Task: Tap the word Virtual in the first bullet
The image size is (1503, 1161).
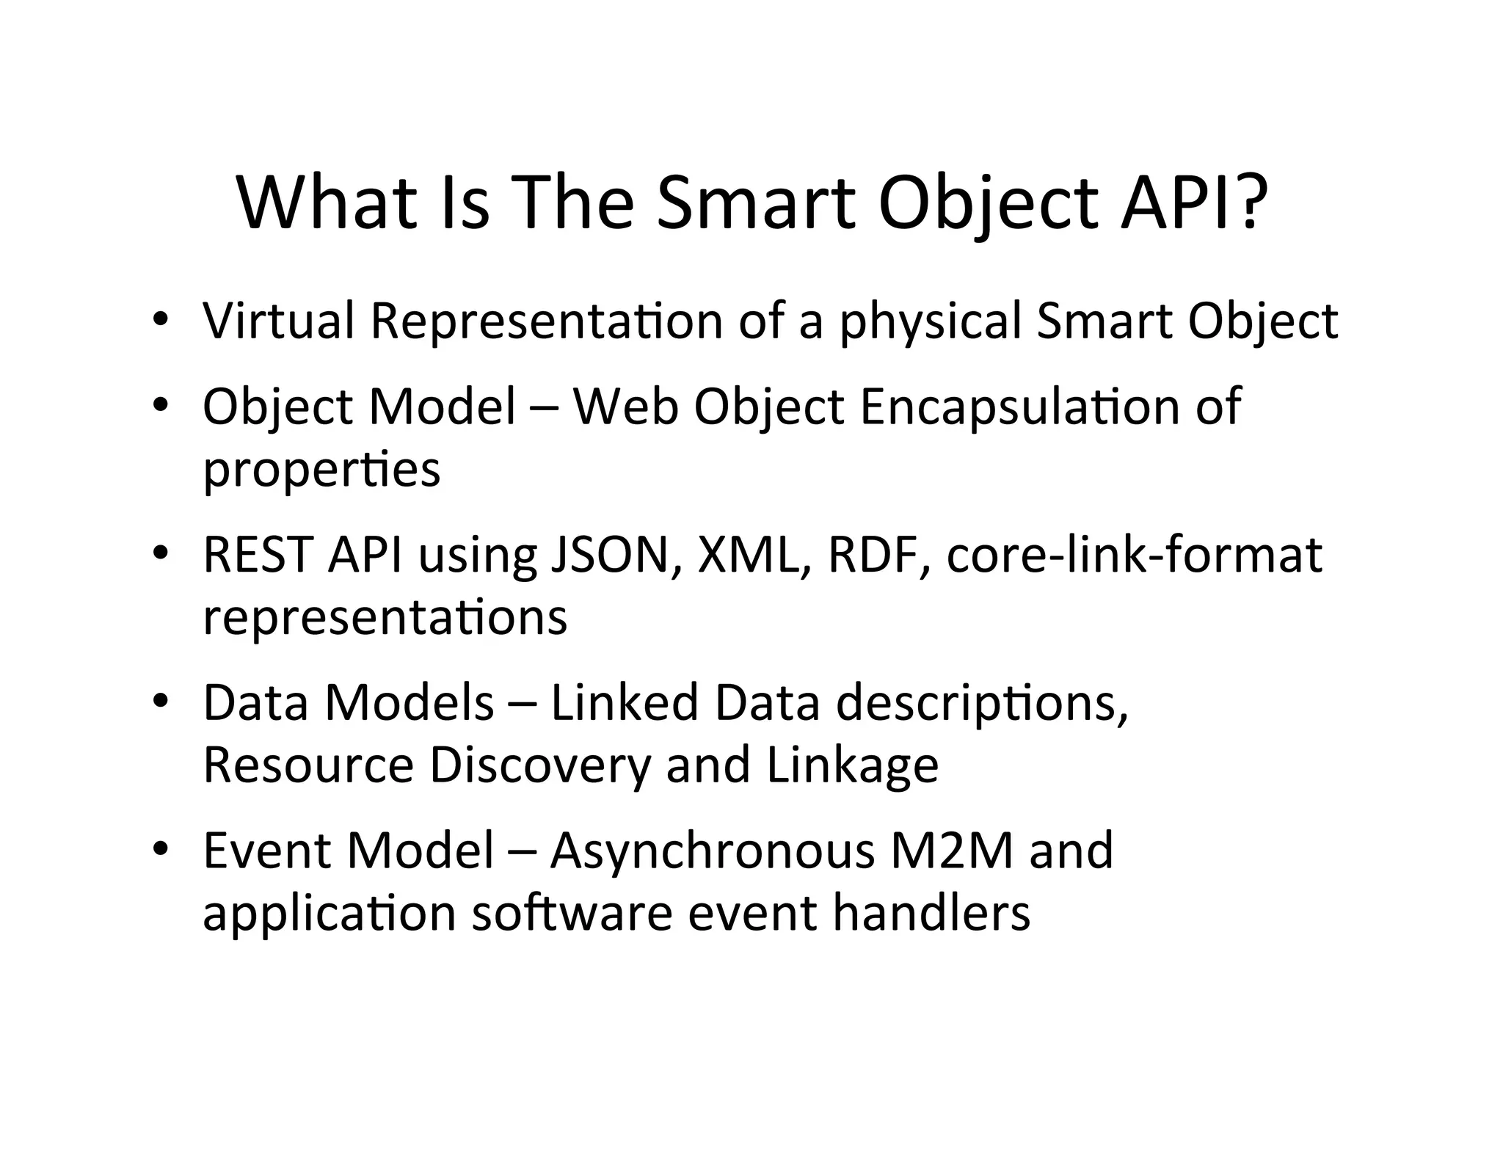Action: [x=279, y=321]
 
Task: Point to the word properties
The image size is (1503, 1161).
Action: [x=321, y=470]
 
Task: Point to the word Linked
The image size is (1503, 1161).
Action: [x=624, y=702]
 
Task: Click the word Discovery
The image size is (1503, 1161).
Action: [x=540, y=765]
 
